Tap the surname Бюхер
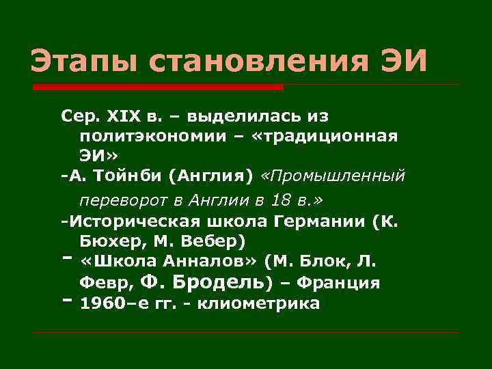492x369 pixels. (x=109, y=242)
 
